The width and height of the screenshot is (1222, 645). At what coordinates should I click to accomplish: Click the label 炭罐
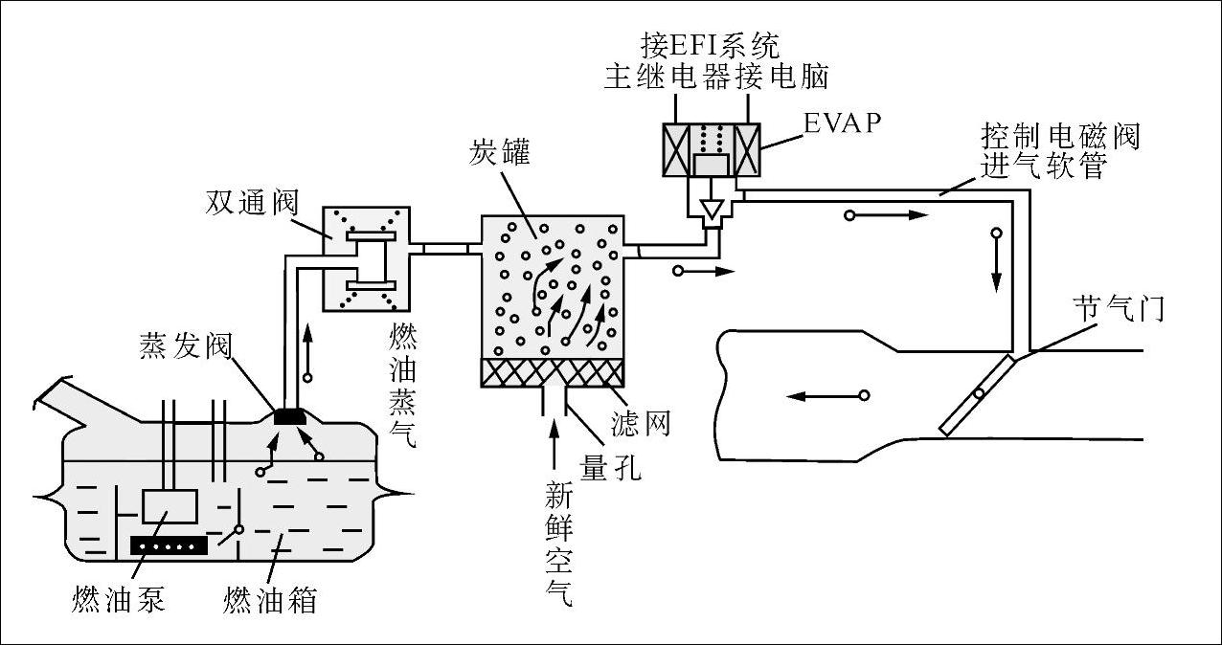coord(500,152)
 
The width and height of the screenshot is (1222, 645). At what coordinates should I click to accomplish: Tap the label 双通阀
coord(252,203)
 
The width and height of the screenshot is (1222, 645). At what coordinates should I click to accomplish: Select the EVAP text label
coord(843,123)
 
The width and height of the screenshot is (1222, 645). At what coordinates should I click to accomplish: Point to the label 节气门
coord(1119,309)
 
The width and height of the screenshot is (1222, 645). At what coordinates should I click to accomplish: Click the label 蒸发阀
coord(186,345)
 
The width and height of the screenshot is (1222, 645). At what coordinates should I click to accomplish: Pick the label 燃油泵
coord(119,600)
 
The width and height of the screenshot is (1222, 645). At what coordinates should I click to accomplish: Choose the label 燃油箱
coord(270,600)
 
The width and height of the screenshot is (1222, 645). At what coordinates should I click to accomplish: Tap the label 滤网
coord(640,423)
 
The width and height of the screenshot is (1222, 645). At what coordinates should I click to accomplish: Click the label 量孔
coord(610,467)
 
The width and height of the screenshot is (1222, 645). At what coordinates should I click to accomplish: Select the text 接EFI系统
coord(711,45)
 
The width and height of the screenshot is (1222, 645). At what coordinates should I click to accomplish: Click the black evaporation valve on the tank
coord(289,417)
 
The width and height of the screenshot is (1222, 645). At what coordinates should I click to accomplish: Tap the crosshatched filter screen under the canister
coord(552,373)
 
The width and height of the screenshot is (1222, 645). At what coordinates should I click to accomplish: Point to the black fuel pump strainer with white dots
coord(170,545)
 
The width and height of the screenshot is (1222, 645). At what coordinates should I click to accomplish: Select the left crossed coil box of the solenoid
coord(676,150)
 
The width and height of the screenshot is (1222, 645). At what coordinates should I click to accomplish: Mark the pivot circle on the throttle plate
coord(980,393)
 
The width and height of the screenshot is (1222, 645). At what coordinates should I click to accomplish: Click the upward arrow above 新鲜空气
coord(554,444)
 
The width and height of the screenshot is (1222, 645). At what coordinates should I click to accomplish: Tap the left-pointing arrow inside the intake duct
coord(827,396)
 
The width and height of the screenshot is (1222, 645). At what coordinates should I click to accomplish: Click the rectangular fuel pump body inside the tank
coord(170,506)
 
